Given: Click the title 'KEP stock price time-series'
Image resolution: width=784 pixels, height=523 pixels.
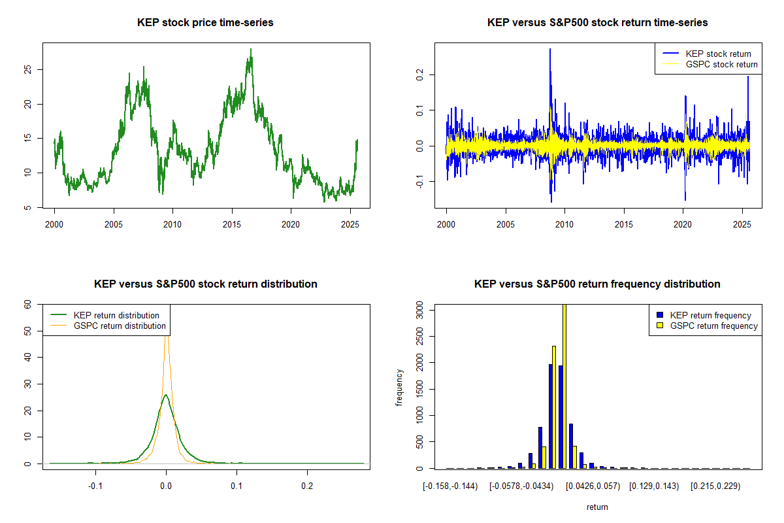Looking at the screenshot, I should pos(205,23).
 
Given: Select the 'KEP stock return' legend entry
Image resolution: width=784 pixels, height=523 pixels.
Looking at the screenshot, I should pos(718,54).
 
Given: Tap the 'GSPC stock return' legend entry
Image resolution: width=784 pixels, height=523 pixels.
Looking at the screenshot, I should pos(721,65).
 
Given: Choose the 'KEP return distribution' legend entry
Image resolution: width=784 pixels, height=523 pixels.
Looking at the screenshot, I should pos(116,315).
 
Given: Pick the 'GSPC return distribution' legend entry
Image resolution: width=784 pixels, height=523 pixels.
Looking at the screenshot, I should pos(120,326).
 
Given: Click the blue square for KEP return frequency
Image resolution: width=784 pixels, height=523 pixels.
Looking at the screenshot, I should pos(661,315).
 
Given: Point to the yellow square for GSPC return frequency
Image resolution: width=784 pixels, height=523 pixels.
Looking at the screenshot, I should pos(661,326).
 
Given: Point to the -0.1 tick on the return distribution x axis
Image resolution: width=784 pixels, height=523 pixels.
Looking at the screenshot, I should pos(96,486).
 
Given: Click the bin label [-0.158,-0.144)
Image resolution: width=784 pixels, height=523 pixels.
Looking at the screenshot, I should pos(450,486).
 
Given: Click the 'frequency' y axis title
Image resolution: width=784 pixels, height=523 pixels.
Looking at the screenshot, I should pos(399,388).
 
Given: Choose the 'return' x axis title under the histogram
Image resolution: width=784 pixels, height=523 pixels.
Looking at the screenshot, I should pos(597,507).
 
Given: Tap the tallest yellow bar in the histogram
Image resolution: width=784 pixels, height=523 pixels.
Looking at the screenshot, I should pos(564,386).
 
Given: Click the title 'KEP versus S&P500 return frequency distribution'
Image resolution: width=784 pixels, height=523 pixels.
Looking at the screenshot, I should pos(597,284).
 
